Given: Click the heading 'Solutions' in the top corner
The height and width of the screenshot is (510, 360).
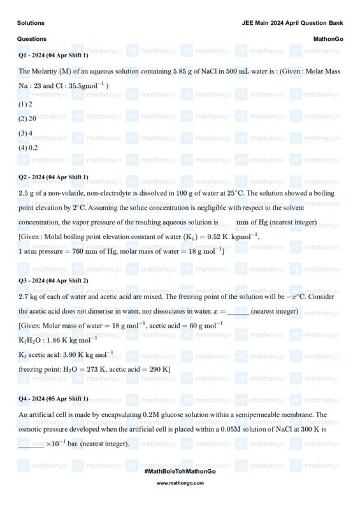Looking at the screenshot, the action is pyautogui.click(x=31, y=23).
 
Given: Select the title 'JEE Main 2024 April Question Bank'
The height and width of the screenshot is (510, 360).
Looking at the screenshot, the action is pyautogui.click(x=292, y=23).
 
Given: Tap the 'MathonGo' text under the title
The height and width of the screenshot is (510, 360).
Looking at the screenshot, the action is pyautogui.click(x=328, y=39).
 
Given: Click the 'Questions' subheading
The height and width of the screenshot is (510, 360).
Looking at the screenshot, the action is pyautogui.click(x=32, y=39).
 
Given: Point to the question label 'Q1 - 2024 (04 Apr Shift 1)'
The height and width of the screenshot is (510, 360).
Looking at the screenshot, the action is pyautogui.click(x=54, y=55).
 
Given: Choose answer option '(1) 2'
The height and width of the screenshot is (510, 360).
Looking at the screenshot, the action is pyautogui.click(x=25, y=104).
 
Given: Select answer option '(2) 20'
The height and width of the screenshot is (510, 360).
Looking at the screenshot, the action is pyautogui.click(x=27, y=119).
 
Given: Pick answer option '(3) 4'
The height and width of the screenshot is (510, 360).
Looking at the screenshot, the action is pyautogui.click(x=25, y=133).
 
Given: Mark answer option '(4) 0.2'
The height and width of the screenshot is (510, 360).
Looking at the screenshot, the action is pyautogui.click(x=29, y=148).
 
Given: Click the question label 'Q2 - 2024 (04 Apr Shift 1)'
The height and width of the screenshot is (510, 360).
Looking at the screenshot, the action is pyautogui.click(x=54, y=177).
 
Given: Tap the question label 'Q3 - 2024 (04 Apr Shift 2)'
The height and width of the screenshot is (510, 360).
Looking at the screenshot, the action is pyautogui.click(x=54, y=280).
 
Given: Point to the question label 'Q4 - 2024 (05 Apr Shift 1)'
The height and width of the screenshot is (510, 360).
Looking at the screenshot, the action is pyautogui.click(x=54, y=398).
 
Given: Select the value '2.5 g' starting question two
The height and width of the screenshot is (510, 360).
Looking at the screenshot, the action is pyautogui.click(x=28, y=193).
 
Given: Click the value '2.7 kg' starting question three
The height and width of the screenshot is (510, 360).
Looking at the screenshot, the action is pyautogui.click(x=30, y=296).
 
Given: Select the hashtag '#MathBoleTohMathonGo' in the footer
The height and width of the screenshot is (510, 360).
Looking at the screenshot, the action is pyautogui.click(x=180, y=471).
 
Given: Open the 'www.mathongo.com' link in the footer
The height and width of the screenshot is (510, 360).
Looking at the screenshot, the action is pyautogui.click(x=180, y=483).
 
